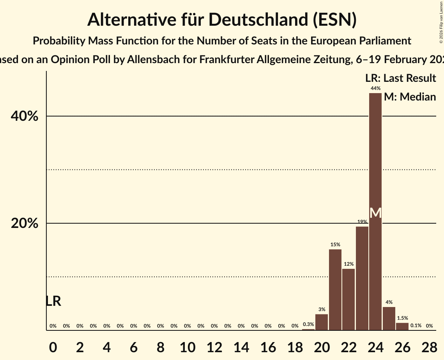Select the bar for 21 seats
click(x=335, y=290)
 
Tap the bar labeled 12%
click(x=348, y=300)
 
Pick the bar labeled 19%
click(x=362, y=279)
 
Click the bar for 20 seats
click(x=322, y=322)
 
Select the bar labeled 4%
click(x=389, y=319)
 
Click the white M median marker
click(x=375, y=213)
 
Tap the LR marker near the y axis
click(x=53, y=301)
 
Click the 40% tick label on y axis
click(x=25, y=116)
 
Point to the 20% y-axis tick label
click(x=25, y=223)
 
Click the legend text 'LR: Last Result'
click(x=401, y=78)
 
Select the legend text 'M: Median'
click(x=410, y=97)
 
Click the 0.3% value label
click(x=308, y=325)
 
